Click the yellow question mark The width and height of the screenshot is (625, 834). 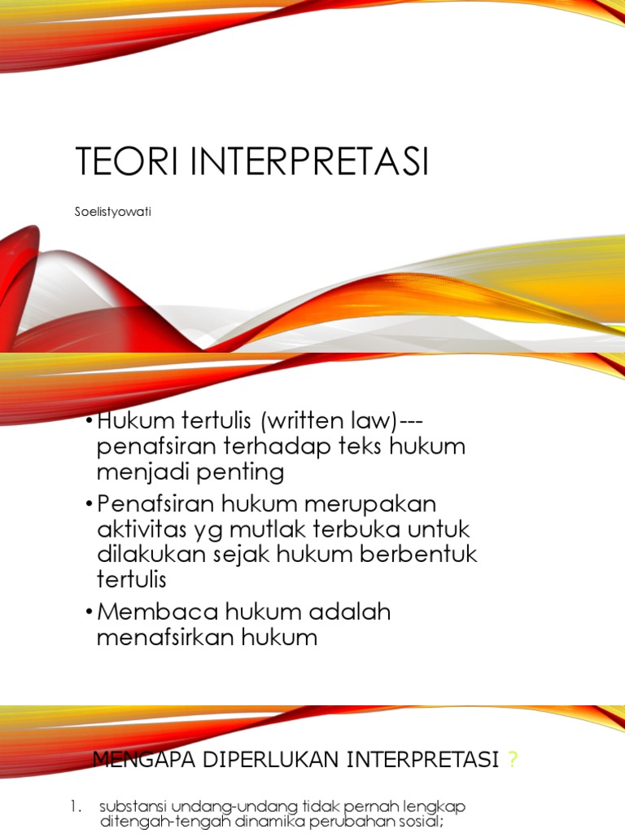[x=512, y=761]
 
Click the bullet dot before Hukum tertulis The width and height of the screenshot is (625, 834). [x=88, y=423]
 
